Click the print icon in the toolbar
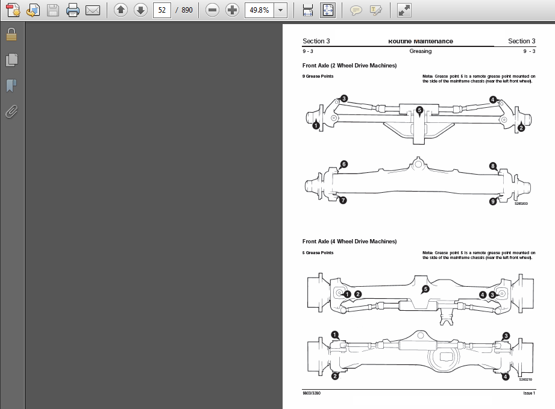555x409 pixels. click(72, 10)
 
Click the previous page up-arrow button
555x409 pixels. click(121, 10)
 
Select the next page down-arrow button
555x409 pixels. click(140, 10)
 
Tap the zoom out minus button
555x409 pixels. click(212, 10)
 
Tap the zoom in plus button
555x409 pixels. click(232, 10)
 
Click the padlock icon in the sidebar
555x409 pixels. click(11, 35)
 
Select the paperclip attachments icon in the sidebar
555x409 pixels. click(11, 111)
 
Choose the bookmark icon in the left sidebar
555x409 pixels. click(11, 86)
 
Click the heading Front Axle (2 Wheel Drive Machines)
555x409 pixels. click(350, 65)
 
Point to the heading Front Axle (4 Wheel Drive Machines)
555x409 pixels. click(350, 242)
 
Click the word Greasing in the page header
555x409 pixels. click(420, 51)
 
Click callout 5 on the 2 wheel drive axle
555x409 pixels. click(419, 110)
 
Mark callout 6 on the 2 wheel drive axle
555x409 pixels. click(343, 164)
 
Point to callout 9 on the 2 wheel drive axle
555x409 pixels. click(493, 202)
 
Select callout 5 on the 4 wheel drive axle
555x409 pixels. click(425, 289)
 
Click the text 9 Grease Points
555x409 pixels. click(318, 76)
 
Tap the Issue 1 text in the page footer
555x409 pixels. click(528, 393)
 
